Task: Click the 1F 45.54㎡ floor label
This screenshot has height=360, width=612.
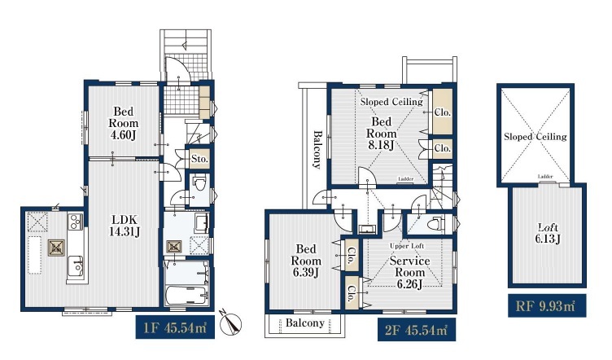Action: [x=175, y=327]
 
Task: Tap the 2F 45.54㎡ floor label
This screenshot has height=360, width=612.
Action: [x=417, y=330]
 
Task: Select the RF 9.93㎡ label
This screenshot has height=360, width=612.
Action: [x=547, y=305]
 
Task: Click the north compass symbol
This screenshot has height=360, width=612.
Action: [x=230, y=323]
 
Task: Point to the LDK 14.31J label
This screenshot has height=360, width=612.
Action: [x=125, y=226]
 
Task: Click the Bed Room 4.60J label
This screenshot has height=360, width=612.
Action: [x=124, y=123]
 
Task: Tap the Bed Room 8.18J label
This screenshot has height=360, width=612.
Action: [x=381, y=133]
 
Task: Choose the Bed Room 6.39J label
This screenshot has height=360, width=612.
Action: [x=306, y=261]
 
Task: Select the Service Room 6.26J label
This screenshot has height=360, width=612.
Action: [x=409, y=272]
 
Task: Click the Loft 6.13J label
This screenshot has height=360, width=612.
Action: [x=548, y=233]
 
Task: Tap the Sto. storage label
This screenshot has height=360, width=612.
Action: [x=199, y=159]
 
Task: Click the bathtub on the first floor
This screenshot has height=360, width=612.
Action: [x=187, y=296]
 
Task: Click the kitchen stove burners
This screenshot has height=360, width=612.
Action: [x=76, y=221]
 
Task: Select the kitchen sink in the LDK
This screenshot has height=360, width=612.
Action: [x=76, y=266]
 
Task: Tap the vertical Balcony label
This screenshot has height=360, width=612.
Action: [x=317, y=150]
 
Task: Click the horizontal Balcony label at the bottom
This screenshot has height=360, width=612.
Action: [x=305, y=323]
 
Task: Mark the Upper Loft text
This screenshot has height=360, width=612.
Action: [x=407, y=246]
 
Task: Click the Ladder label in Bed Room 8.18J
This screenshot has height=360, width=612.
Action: [x=405, y=179]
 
